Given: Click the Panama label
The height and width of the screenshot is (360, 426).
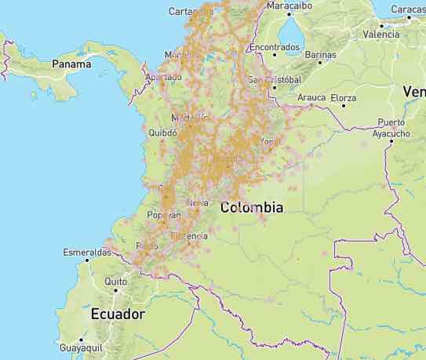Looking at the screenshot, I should tap(71, 64).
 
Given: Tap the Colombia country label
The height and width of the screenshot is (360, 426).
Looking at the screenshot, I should tap(252, 208).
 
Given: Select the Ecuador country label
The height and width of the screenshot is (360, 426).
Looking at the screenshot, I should tap(118, 314).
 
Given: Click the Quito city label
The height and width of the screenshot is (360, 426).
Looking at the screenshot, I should tap(115, 281).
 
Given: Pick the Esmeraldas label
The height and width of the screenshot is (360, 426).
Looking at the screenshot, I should tap(87, 253).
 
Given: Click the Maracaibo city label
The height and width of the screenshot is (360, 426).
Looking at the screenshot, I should tap(290, 5).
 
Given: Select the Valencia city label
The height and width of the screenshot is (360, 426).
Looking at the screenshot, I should tap(381, 35).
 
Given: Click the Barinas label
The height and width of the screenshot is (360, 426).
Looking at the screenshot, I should tap(320, 55).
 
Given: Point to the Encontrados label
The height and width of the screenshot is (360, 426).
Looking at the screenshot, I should tap(274, 47).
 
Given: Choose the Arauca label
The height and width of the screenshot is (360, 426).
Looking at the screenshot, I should tap(311, 98).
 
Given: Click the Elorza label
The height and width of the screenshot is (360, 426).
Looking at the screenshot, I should tap(343, 98).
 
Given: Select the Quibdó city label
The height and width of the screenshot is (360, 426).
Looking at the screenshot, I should tap(162, 133).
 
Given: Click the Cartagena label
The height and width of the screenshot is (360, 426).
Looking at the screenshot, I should tap(191, 11).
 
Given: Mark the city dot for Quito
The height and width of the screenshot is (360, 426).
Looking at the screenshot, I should tap(115, 290).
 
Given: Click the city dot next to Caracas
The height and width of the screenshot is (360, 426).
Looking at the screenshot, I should tap(409, 16).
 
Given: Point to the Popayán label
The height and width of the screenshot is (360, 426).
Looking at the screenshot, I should tap(163, 215).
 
